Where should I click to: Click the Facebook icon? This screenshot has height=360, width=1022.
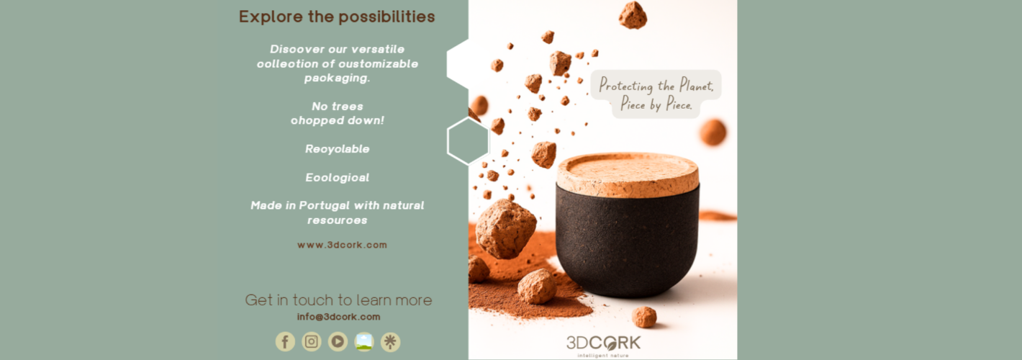(285, 341)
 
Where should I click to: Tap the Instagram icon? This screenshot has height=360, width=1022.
(312, 341)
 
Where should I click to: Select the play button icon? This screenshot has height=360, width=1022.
(338, 341)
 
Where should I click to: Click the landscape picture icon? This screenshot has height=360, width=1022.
(364, 341)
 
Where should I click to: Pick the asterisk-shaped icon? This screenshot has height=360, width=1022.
(390, 341)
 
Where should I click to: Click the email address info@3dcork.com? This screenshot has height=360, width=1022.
(338, 317)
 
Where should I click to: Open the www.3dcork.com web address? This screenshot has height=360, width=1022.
(342, 245)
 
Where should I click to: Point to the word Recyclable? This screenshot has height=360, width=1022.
(337, 149)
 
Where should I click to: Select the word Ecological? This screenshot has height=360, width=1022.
(337, 177)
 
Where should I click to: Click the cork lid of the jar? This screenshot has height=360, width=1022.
(628, 175)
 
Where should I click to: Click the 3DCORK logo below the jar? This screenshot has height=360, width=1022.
(602, 343)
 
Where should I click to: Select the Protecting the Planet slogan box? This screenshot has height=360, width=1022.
(656, 94)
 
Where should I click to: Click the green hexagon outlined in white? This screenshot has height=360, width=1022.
(468, 141)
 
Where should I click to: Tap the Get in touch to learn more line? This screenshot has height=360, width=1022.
(338, 300)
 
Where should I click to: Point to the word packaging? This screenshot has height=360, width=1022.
(337, 78)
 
